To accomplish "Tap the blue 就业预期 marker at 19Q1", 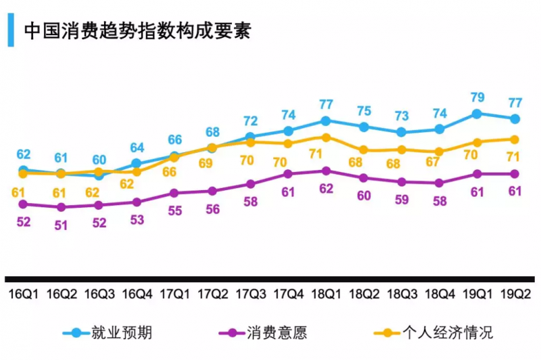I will pyautogui.click(x=477, y=114).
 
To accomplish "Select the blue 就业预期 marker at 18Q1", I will pyautogui.click(x=325, y=121).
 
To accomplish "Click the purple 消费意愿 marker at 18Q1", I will pyautogui.click(x=325, y=171).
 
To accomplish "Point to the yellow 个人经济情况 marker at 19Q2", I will pyautogui.click(x=515, y=139).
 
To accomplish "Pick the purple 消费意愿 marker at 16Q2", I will pyautogui.click(x=61, y=207).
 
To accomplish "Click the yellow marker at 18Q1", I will pyautogui.click(x=325, y=137).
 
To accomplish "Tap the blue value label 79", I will pyautogui.click(x=477, y=97).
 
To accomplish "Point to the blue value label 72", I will pyautogui.click(x=250, y=121).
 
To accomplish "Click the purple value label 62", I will pyautogui.click(x=325, y=189).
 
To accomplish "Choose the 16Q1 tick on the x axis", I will pyautogui.click(x=23, y=294).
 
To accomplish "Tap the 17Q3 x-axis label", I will pyautogui.click(x=250, y=294).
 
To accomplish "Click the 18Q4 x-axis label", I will pyautogui.click(x=439, y=294).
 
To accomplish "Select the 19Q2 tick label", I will pyautogui.click(x=515, y=294).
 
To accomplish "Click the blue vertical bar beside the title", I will pyautogui.click(x=11, y=32).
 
